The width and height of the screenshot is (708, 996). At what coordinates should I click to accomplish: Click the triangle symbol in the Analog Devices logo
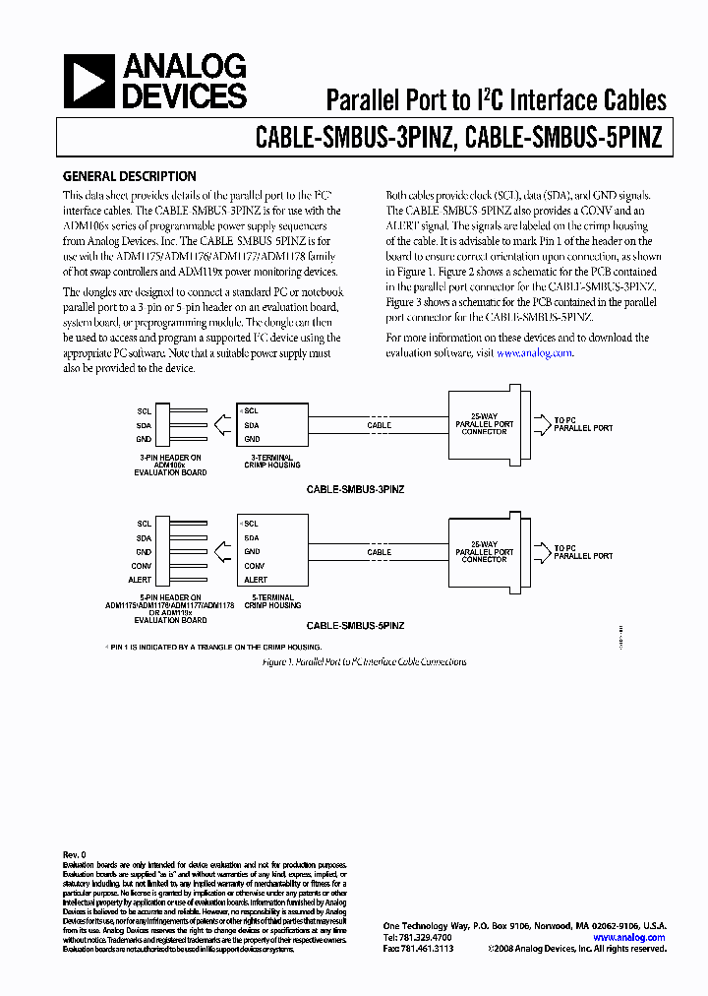pos(88,81)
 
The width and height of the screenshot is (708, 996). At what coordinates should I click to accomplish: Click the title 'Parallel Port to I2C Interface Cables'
pos(496,99)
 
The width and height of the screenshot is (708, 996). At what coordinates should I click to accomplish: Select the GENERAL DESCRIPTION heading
pos(129,177)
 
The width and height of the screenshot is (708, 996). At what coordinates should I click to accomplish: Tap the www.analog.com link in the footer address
pos(628,938)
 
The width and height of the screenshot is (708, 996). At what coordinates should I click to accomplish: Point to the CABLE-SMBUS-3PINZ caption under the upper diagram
pos(356,488)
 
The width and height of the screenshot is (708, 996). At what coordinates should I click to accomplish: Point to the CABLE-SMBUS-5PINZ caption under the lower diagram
pos(356,626)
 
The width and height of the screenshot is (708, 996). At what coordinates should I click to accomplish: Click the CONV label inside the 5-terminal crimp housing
pos(255,567)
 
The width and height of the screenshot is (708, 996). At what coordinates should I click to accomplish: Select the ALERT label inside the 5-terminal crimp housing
pos(256,581)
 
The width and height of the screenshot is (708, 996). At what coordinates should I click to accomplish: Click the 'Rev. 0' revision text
pos(75,855)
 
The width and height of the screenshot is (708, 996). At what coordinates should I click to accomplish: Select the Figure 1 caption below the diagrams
pos(364,662)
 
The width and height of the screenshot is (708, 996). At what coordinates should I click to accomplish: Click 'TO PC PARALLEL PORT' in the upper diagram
pos(582,424)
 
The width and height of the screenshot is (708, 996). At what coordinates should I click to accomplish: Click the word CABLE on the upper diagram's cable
pos(379,425)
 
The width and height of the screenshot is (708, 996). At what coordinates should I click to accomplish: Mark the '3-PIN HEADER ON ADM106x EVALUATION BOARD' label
pos(170,466)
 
